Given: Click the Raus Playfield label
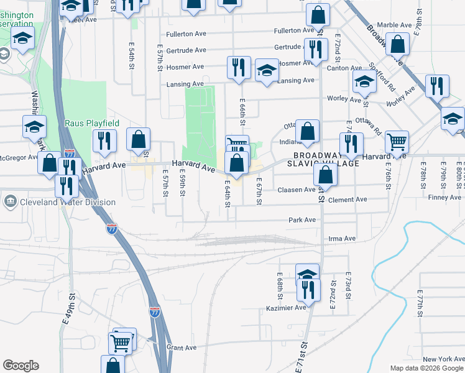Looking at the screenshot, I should [x=92, y=124].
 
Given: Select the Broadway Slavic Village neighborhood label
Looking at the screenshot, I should [x=326, y=159].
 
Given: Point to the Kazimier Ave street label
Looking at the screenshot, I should [x=288, y=307].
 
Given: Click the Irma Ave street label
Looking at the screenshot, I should [x=341, y=239].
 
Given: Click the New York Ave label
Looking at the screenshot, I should [x=443, y=359].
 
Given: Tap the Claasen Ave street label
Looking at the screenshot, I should [x=297, y=190].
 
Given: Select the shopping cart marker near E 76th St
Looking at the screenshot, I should [x=396, y=141].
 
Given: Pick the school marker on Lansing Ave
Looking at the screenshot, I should [x=267, y=70].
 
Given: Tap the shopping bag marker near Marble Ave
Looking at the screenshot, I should [x=397, y=44].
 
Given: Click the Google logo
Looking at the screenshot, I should [x=21, y=366].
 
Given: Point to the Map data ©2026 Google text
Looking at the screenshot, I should [x=426, y=368].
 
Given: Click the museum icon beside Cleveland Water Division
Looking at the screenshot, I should [x=11, y=201].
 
